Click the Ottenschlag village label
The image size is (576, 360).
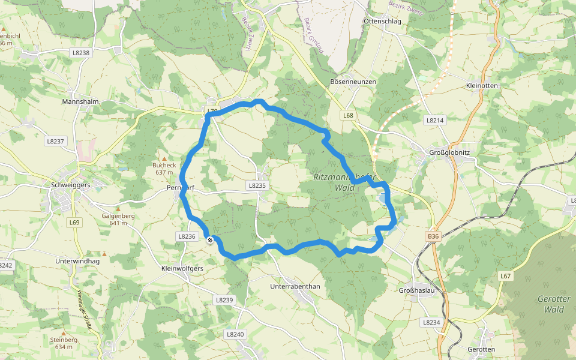tap(382, 21)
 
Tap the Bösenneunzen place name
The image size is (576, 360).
tap(353, 81)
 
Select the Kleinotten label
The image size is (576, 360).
tap(482, 86)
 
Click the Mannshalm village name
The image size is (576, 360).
tap(80, 102)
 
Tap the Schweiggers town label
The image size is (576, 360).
tap(71, 185)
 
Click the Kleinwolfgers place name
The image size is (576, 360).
tap(182, 268)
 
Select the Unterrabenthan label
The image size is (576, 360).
tap(295, 286)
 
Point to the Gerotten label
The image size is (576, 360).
tap(481, 349)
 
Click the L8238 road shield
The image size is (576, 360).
tap(80, 53)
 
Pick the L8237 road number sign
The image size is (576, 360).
tap(55, 141)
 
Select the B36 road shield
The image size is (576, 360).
tap(433, 236)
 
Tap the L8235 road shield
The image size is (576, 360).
tap(257, 186)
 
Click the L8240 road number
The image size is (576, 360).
tap(236, 334)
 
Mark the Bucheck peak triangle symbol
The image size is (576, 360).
tap(164, 158)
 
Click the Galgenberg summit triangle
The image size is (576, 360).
tap(118, 209)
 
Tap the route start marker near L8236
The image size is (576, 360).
tap(210, 240)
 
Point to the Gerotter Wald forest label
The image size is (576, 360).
tap(554, 304)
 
